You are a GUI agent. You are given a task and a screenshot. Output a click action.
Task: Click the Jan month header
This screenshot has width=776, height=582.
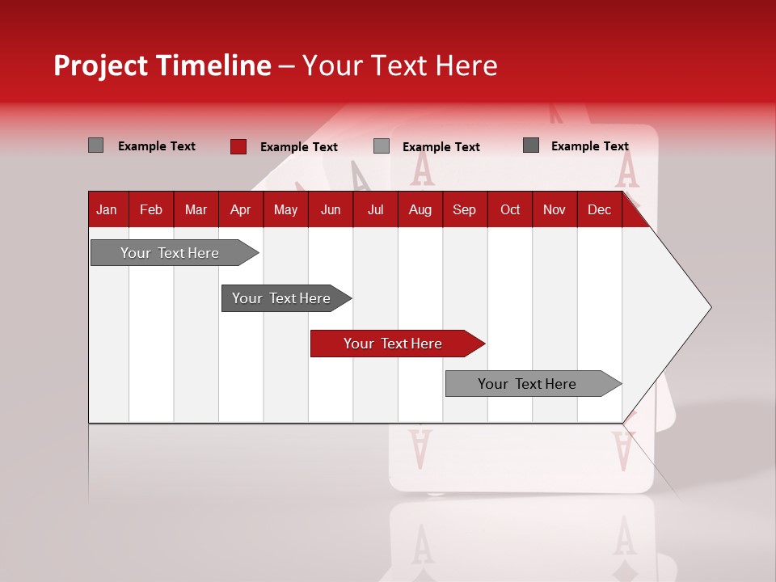[x=107, y=210]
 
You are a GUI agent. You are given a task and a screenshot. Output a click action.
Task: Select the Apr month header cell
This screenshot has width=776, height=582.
[x=240, y=210]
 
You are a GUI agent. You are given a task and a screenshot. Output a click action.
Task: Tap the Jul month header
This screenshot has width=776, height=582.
[x=376, y=210]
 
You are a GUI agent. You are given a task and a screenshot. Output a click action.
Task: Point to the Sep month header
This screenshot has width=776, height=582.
[x=464, y=210]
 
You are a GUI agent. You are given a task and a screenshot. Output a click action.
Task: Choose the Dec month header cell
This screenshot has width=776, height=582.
[x=599, y=210]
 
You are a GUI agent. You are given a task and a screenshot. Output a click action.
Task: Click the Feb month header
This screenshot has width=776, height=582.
[x=151, y=210]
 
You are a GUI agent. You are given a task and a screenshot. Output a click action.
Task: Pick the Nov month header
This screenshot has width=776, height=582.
[x=554, y=210]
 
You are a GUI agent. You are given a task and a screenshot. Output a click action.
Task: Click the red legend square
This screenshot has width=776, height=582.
[x=238, y=146]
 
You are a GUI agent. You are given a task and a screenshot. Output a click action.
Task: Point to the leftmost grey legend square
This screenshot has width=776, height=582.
[x=95, y=145]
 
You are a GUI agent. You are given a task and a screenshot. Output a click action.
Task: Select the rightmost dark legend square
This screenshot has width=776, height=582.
[x=530, y=145]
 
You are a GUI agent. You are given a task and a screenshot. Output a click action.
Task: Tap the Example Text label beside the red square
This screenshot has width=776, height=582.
[x=298, y=147]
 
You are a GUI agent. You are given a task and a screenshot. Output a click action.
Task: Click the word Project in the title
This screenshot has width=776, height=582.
[x=100, y=65]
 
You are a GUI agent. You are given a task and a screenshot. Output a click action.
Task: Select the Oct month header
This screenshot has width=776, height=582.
[x=510, y=210]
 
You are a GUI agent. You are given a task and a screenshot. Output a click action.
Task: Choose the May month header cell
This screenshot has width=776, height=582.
[x=285, y=210]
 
